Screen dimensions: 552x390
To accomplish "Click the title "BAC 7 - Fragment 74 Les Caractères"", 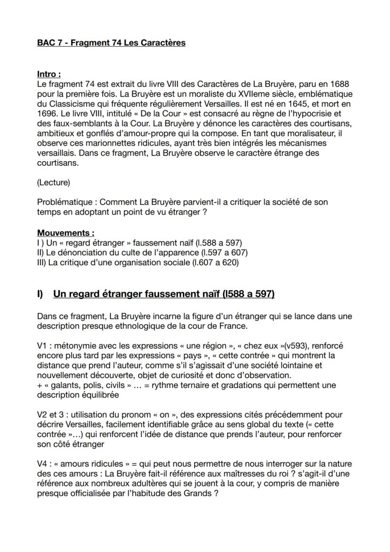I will [x=111, y=43].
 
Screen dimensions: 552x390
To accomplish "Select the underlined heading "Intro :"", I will [x=49, y=74].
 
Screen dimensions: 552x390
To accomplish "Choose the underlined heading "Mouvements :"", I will [x=65, y=233].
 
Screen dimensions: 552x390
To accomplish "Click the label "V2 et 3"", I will [x=50, y=415].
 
